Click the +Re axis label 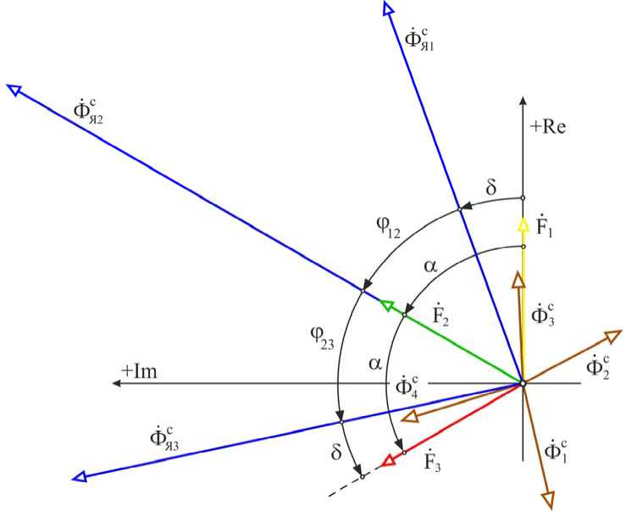coord(547,128)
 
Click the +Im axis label coord(139,370)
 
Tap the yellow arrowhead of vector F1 coord(523,224)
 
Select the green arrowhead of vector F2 coord(386,305)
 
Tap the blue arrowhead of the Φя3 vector coord(81,477)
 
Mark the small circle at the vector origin coord(523,384)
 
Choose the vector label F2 coord(439,318)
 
